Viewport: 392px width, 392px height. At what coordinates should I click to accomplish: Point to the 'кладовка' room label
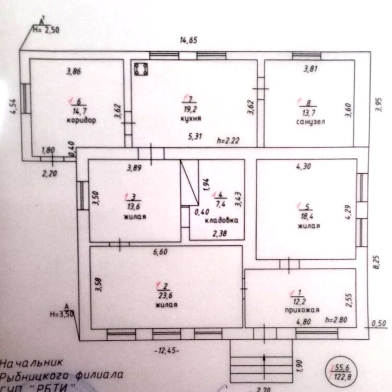pos(221,221)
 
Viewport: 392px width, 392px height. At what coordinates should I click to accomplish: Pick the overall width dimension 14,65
pos(188,41)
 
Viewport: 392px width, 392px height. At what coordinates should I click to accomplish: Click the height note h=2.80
pos(336,318)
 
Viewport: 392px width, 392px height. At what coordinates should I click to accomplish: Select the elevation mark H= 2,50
pos(46,29)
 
